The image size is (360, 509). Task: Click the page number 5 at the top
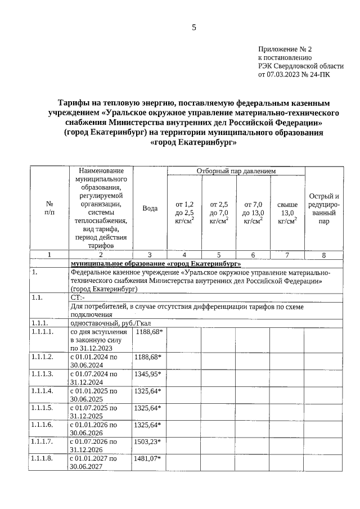click(194, 26)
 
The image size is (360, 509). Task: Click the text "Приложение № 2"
click(284, 49)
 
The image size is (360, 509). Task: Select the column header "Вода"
click(150, 208)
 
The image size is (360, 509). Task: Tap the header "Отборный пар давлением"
click(236, 170)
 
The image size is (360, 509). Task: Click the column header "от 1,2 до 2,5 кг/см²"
click(184, 212)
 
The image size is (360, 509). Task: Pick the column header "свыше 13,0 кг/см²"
click(287, 212)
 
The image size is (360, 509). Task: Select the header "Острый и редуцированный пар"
click(323, 208)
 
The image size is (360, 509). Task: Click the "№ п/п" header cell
click(49, 208)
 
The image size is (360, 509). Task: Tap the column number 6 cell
click(253, 255)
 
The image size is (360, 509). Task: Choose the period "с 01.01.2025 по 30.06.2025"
click(94, 394)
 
